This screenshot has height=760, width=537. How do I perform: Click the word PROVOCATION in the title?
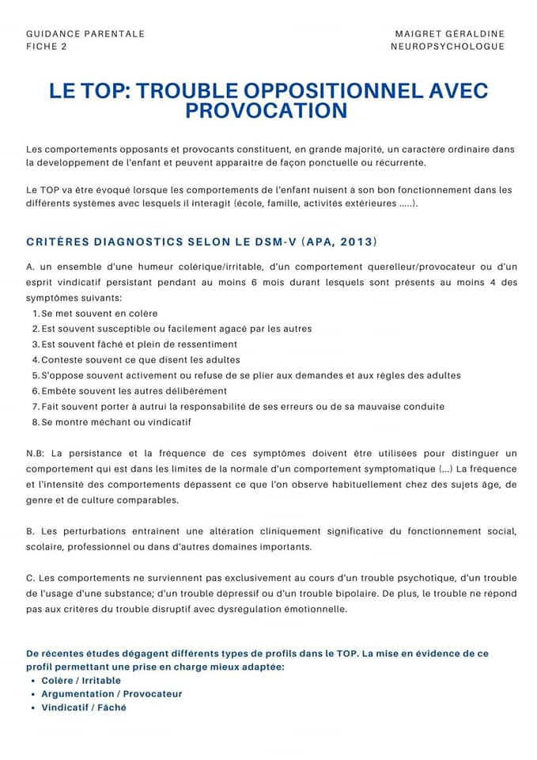click(267, 111)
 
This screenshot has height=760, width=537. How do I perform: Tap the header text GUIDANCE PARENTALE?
click(85, 34)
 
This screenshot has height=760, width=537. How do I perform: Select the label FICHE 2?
click(47, 47)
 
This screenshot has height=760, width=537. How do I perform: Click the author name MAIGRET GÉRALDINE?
click(450, 34)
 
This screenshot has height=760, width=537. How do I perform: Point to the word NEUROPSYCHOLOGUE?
click(448, 47)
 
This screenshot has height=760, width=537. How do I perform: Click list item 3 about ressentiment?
click(139, 344)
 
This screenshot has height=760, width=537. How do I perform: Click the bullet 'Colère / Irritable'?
click(81, 680)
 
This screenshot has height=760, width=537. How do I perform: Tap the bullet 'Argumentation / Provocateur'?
click(112, 693)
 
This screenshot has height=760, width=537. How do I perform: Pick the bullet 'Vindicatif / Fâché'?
click(84, 707)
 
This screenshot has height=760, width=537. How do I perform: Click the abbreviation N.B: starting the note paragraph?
click(36, 454)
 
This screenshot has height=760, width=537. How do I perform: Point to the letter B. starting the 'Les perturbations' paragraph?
click(30, 530)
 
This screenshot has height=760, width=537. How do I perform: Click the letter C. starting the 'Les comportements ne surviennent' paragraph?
click(30, 578)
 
